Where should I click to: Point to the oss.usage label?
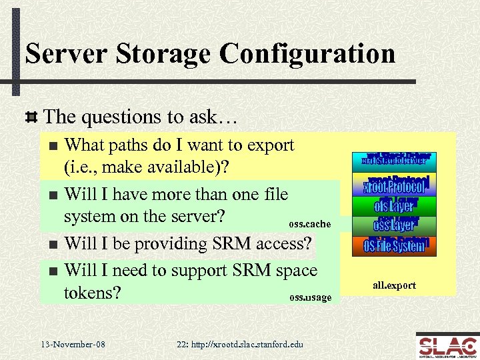click(x=309, y=297)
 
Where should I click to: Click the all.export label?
click(x=394, y=285)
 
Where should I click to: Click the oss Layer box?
click(x=395, y=225)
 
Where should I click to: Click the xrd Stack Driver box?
click(x=395, y=159)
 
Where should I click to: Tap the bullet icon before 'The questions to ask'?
click(x=31, y=117)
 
